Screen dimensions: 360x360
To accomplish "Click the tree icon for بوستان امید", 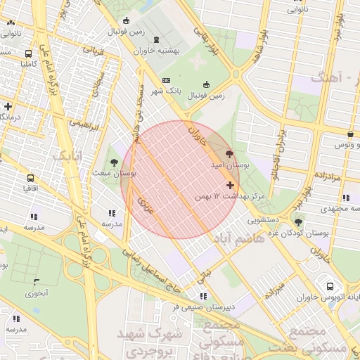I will click(x=231, y=153).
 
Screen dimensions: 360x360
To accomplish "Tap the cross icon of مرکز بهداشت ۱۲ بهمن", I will click(x=230, y=185).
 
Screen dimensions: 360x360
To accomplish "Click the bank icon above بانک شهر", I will click(x=166, y=80).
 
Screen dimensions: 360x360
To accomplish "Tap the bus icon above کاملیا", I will click(x=28, y=53).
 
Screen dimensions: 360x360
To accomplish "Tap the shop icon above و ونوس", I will click(x=350, y=134).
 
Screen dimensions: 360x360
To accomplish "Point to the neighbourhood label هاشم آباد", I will click(x=238, y=240).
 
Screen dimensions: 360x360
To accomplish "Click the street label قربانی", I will click(x=93, y=51).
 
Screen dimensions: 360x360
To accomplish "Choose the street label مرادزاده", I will click(x=326, y=179).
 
